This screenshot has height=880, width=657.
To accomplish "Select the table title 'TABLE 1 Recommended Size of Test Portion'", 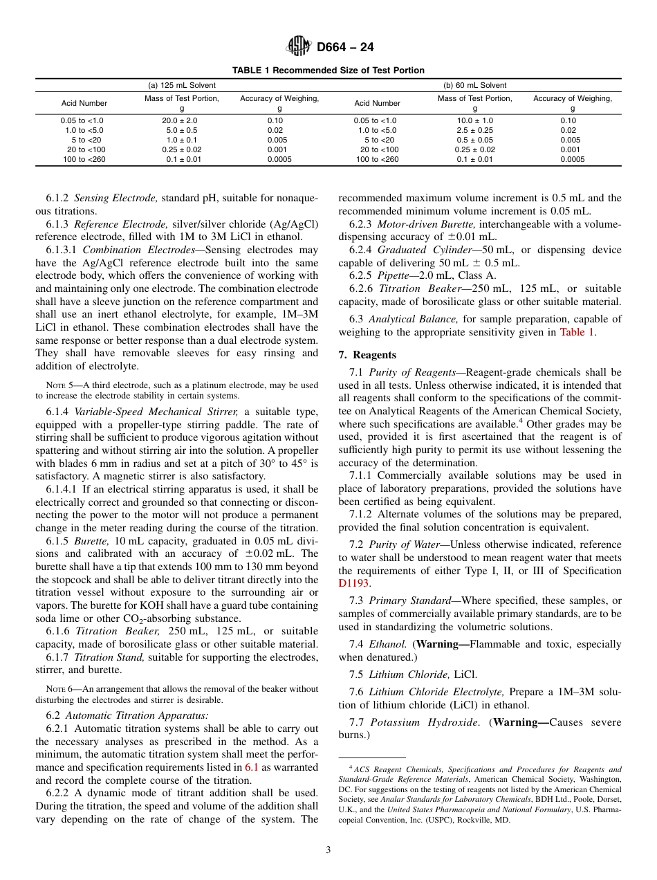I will pyautogui.click(x=328, y=71).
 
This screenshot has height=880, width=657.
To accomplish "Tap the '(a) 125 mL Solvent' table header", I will pyautogui.click(x=182, y=85).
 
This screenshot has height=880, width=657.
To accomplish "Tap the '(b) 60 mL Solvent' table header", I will pyautogui.click(x=475, y=85).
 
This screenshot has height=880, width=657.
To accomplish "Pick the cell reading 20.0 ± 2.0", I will pyautogui.click(x=181, y=120).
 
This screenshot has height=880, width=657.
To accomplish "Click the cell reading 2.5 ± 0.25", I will pyautogui.click(x=474, y=130).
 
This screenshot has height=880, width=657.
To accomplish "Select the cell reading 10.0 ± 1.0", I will pyautogui.click(x=474, y=120).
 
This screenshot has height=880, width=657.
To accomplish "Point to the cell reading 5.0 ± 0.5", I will pyautogui.click(x=181, y=130).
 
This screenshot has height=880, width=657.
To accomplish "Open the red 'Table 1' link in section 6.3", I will pyautogui.click(x=577, y=332).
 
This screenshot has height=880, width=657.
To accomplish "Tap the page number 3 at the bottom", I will pyautogui.click(x=328, y=850).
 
